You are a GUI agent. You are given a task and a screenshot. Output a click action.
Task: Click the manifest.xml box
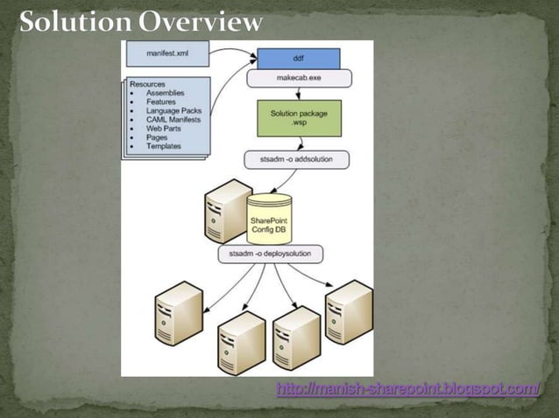pyautogui.click(x=167, y=53)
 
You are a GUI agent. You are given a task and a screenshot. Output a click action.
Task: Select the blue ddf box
pyautogui.click(x=298, y=59)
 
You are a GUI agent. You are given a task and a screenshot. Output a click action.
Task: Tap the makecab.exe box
pyautogui.click(x=298, y=78)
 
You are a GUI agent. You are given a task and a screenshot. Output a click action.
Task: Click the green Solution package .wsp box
pyautogui.click(x=299, y=118)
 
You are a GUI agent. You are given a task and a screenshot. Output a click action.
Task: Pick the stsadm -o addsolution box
pyautogui.click(x=296, y=159)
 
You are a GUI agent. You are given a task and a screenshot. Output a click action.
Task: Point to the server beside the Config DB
pyautogui.click(x=226, y=211)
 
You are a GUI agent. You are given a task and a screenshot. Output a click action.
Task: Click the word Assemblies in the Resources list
pyautogui.click(x=165, y=94)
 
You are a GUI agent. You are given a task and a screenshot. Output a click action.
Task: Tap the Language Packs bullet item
pyautogui.click(x=173, y=111)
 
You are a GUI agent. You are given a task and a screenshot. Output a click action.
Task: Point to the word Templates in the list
pyautogui.click(x=165, y=148)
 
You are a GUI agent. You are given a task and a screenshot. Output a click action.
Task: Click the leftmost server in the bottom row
pyautogui.click(x=178, y=312)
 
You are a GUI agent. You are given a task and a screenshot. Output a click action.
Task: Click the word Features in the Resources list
pyautogui.click(x=162, y=102)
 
